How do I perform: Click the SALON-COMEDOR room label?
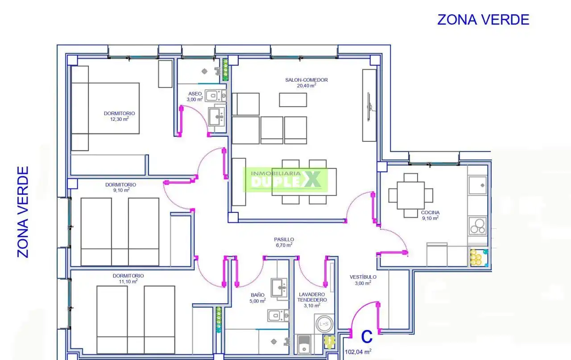pyautogui.click(x=306, y=80)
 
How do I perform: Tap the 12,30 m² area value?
pyautogui.click(x=119, y=119)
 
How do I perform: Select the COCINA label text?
pyautogui.click(x=430, y=212)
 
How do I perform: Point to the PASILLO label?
pyautogui.click(x=284, y=240)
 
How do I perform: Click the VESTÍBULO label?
pyautogui.click(x=363, y=277)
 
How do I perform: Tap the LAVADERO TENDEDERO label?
pyautogui.click(x=312, y=297)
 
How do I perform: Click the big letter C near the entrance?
pyautogui.click(x=367, y=336)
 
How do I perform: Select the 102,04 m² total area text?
pyautogui.click(x=358, y=352)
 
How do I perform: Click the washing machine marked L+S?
pyautogui.click(x=324, y=324)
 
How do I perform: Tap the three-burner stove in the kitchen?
pyautogui.click(x=477, y=226)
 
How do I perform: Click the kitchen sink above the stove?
pyautogui.click(x=477, y=186)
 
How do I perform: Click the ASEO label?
pyautogui.click(x=195, y=94)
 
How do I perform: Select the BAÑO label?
pyautogui.click(x=257, y=295)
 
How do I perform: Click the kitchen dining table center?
pyautogui.click(x=411, y=195)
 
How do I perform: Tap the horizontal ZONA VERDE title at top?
pyautogui.click(x=483, y=20)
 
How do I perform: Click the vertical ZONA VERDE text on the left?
pyautogui.click(x=23, y=212)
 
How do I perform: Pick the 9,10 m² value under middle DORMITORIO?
pyautogui.click(x=121, y=190)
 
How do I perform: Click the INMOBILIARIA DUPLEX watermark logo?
pyautogui.click(x=285, y=180)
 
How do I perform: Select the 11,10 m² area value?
pyautogui.click(x=128, y=281)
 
